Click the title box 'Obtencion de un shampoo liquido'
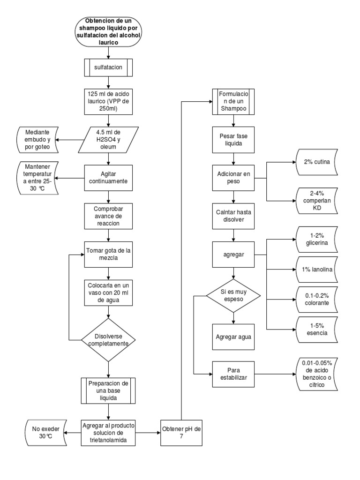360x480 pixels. (x=108, y=32)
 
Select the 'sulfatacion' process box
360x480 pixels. (x=108, y=67)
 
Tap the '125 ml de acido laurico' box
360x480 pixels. (x=108, y=101)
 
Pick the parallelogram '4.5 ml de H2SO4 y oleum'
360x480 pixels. (x=108, y=139)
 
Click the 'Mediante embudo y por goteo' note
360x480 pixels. (x=37, y=139)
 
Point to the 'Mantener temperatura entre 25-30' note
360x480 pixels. (x=37, y=178)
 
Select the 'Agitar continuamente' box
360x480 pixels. (x=108, y=177)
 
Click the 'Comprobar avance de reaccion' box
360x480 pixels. (x=108, y=215)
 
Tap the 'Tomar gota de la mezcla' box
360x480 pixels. (x=108, y=254)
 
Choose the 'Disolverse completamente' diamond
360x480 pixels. (x=108, y=339)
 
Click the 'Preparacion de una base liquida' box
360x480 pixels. (x=108, y=390)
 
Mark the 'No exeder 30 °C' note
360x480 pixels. (x=43, y=432)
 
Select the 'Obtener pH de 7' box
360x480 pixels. (x=180, y=432)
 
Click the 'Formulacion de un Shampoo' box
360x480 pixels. (x=233, y=101)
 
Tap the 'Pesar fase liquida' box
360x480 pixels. (x=233, y=139)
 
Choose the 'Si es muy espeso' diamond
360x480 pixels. (x=233, y=295)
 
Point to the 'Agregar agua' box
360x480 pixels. (x=233, y=337)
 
